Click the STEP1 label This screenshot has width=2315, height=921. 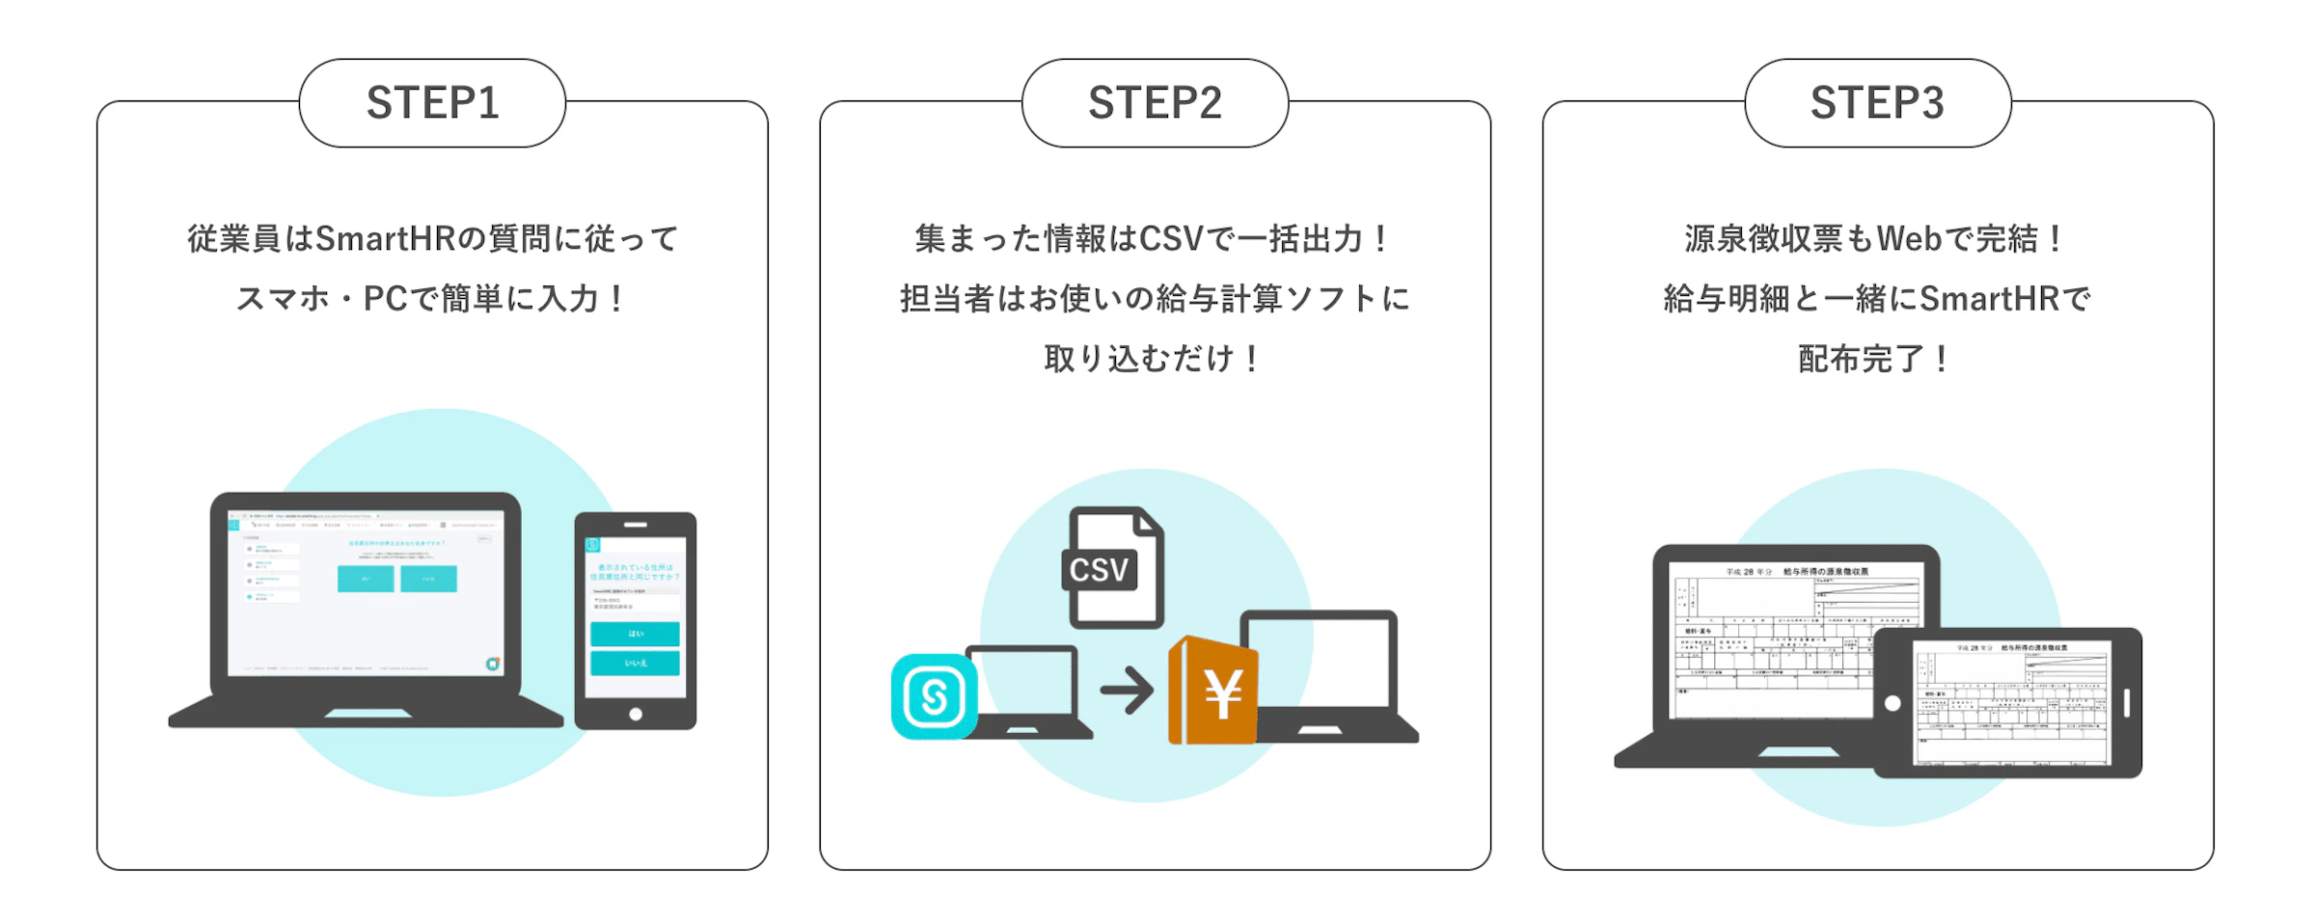coord(432,103)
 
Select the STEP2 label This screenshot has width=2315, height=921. coord(1155,103)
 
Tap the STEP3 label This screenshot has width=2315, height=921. coord(1877,103)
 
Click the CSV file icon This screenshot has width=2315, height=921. coord(1115,568)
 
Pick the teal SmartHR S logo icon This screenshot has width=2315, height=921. coord(934,696)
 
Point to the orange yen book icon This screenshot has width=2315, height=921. coord(1213,692)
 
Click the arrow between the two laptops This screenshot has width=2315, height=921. coord(1127,691)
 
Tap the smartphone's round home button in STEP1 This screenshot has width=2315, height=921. coord(635,714)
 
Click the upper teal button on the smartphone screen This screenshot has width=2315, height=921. coord(635,634)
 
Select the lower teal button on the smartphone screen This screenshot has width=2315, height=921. coord(635,664)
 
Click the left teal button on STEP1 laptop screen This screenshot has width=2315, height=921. coord(366,579)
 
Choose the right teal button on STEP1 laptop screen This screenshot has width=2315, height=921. coord(428,579)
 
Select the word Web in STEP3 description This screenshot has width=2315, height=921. coord(1909,239)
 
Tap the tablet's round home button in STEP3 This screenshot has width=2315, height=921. coord(1893,703)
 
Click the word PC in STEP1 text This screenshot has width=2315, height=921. coord(385,299)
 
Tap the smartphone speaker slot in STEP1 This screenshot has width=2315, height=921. coord(635,525)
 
